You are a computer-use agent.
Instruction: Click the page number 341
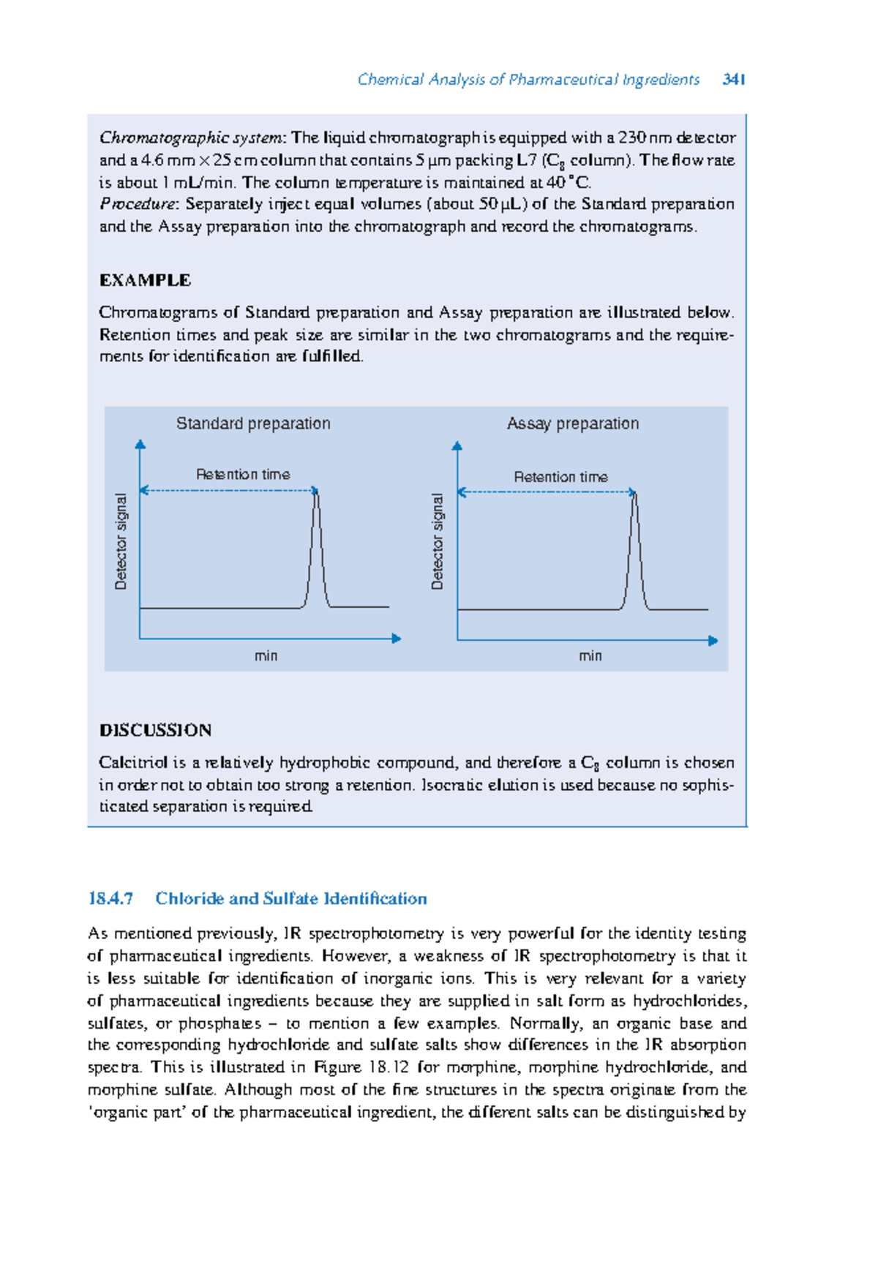[x=734, y=79]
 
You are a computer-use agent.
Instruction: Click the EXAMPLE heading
[x=145, y=280]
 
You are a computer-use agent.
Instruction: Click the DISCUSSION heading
[x=155, y=730]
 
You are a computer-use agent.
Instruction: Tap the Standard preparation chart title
[x=253, y=424]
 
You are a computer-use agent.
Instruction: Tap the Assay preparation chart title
[x=573, y=424]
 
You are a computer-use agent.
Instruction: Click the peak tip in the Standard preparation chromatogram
[x=316, y=491]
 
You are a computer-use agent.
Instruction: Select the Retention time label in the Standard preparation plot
[x=243, y=474]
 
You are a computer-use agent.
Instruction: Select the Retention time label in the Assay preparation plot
[x=560, y=477]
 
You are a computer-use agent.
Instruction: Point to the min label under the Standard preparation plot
[x=266, y=655]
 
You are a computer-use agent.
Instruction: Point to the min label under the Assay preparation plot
[x=590, y=655]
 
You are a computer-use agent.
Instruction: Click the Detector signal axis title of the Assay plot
[x=438, y=541]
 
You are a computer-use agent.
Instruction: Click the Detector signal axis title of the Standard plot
[x=121, y=541]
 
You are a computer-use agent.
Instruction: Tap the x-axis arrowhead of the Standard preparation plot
[x=397, y=639]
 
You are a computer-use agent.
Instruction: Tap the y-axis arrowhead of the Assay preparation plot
[x=457, y=445]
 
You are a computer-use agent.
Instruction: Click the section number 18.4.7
[x=110, y=898]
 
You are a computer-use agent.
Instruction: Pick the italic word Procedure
[x=137, y=204]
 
